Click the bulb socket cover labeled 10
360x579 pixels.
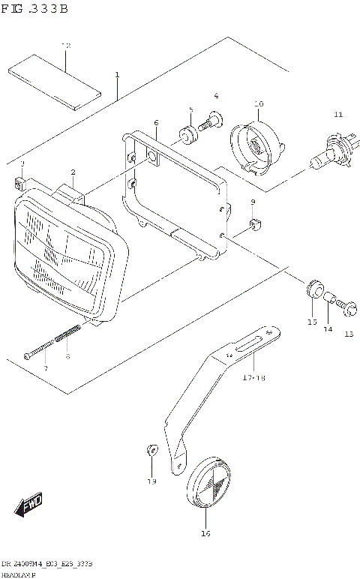click(256, 144)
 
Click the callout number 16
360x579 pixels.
click(206, 534)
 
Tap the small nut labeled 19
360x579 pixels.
click(151, 449)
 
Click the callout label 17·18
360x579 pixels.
click(253, 378)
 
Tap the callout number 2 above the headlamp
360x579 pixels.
click(73, 172)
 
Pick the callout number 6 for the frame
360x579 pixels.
click(156, 122)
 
